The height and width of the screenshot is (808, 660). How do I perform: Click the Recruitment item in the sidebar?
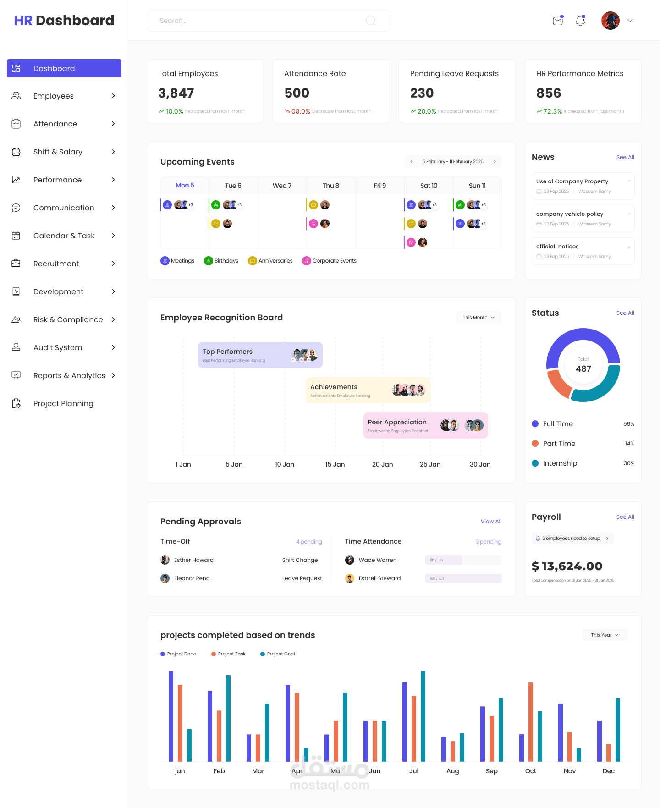click(56, 264)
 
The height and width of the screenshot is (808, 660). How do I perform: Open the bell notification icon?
click(580, 21)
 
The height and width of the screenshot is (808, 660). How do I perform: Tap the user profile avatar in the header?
click(610, 21)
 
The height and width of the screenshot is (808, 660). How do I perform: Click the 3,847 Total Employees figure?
click(176, 93)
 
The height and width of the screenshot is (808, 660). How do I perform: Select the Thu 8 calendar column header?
click(330, 186)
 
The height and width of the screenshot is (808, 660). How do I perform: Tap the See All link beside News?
click(625, 157)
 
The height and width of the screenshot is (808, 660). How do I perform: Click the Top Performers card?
click(260, 355)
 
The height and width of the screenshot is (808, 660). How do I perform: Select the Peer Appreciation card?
click(425, 425)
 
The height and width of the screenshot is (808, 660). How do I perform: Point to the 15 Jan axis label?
click(335, 464)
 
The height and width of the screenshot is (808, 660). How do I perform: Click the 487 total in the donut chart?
click(583, 368)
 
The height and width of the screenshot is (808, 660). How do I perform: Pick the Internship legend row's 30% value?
click(629, 463)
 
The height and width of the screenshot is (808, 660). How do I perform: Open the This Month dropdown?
click(478, 317)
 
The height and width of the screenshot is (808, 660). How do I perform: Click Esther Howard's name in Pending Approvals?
click(193, 560)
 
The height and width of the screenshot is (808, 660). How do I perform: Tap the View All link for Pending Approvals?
click(491, 522)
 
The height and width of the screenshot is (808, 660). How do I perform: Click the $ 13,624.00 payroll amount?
click(567, 566)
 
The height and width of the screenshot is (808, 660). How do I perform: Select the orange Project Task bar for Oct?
click(531, 721)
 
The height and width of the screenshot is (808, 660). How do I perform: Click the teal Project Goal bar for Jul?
click(423, 716)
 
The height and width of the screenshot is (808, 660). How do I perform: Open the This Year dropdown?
click(605, 635)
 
